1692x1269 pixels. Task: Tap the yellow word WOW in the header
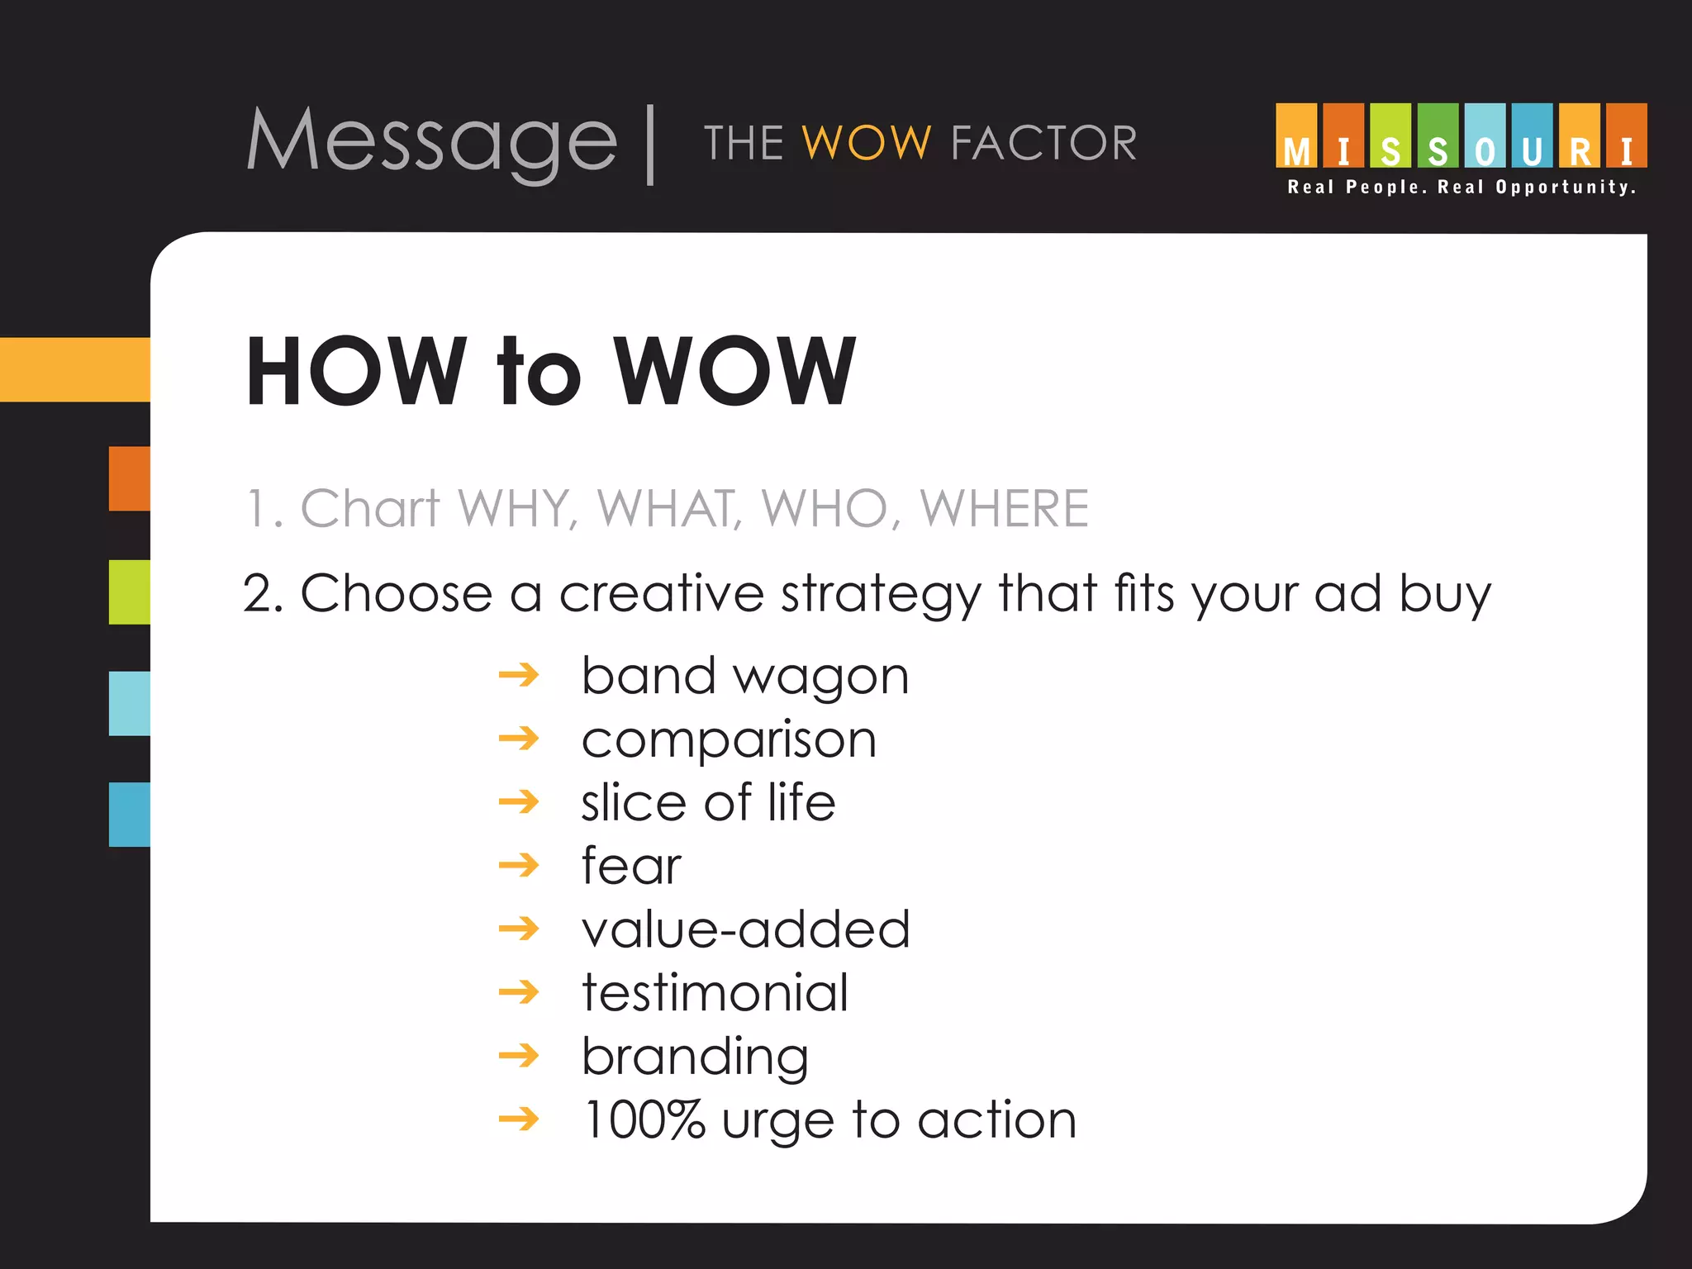pos(867,143)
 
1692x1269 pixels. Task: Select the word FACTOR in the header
pos(1043,143)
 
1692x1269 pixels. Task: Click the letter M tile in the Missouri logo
pos(1296,136)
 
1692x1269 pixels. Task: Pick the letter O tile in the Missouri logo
pos(1485,136)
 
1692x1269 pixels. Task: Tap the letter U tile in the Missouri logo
pos(1532,136)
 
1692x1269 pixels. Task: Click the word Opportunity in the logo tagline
pos(1566,188)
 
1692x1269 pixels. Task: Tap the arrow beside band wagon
pos(519,676)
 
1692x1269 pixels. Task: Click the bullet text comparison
pos(729,739)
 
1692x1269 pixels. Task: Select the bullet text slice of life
pos(708,802)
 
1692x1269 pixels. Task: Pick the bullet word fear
pos(631,866)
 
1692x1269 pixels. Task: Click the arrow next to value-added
pos(519,929)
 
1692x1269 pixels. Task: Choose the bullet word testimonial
pos(715,992)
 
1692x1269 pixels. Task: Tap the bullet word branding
pos(695,1057)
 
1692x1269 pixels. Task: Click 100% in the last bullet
pos(644,1119)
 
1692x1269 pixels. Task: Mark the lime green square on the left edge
pos(130,592)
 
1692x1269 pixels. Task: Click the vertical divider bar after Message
pos(651,145)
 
